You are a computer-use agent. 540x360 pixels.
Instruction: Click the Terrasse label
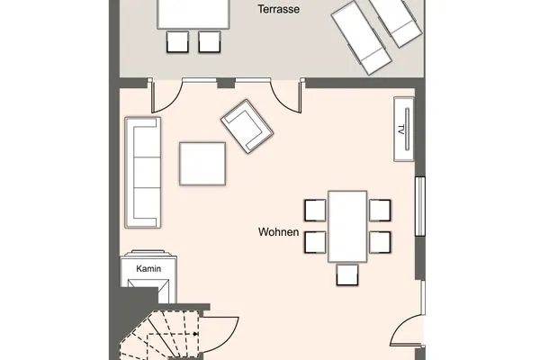279,9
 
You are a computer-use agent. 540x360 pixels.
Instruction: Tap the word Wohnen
279,232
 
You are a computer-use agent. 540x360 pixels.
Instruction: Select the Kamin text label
148,268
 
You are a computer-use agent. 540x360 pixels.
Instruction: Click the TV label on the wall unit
400,130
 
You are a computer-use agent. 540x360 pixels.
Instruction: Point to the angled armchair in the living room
247,126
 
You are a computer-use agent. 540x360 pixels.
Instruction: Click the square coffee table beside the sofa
202,164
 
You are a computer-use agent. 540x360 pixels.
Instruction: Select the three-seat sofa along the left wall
143,173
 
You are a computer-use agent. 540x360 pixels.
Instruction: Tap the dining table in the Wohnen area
347,226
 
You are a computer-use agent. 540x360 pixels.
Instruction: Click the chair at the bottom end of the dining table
347,274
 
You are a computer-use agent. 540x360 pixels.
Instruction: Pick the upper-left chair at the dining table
315,210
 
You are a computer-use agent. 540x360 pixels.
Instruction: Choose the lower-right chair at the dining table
380,242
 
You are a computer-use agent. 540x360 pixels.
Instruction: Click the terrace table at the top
193,14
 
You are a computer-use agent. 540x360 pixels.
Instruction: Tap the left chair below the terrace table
177,42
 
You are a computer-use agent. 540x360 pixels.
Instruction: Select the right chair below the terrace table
210,42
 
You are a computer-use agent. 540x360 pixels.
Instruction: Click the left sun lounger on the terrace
362,38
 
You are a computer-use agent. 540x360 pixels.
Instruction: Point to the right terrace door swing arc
281,102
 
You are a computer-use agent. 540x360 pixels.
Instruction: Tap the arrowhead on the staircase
195,334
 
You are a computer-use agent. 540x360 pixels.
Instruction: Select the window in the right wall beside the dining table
419,206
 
